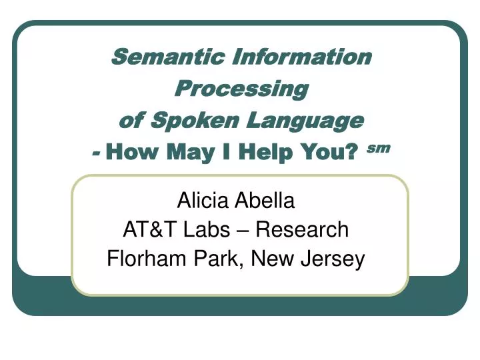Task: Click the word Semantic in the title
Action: click(x=168, y=56)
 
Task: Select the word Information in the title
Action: click(x=302, y=56)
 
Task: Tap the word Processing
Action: click(x=241, y=89)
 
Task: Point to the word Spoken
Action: click(x=195, y=120)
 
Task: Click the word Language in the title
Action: click(x=305, y=121)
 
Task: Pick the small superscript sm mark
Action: click(x=379, y=148)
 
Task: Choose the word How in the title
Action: click(x=132, y=151)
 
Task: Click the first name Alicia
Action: click(x=203, y=200)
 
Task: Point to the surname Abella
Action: click(x=264, y=200)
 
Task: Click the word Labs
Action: click(x=207, y=229)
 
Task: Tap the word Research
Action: click(x=302, y=229)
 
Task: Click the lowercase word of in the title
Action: click(x=131, y=120)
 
